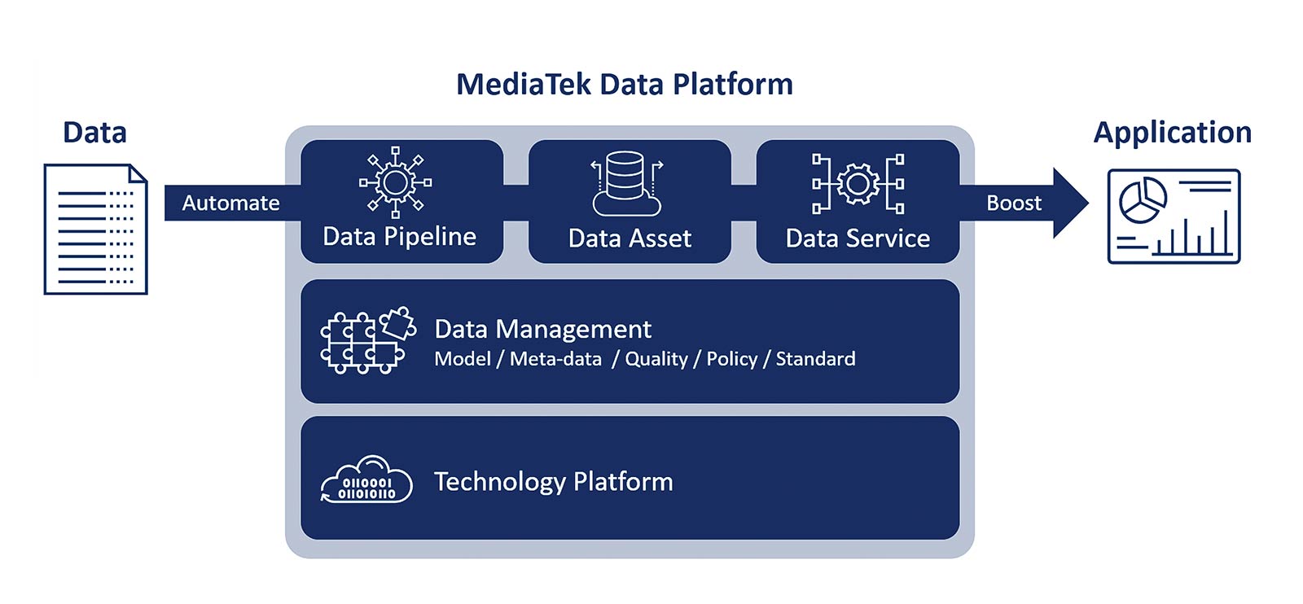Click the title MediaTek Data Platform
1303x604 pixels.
[x=624, y=85]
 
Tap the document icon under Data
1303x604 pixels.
[x=95, y=229]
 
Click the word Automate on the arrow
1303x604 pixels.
[x=230, y=203]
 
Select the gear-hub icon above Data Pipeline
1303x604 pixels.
[x=396, y=182]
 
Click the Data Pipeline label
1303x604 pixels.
[x=399, y=237]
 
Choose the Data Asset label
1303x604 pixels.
[x=630, y=239]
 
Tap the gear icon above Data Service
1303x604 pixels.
[x=858, y=183]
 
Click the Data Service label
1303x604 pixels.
[x=858, y=239]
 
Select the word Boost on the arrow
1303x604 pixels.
[x=1014, y=203]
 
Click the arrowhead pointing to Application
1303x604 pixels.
[x=1070, y=203]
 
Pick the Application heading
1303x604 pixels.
[x=1172, y=133]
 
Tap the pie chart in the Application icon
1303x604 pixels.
[x=1143, y=199]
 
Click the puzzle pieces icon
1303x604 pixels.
[x=367, y=340]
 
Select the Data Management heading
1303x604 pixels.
[x=542, y=329]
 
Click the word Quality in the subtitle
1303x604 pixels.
[x=656, y=359]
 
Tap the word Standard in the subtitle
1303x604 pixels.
[x=815, y=359]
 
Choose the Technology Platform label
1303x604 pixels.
[x=553, y=482]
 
